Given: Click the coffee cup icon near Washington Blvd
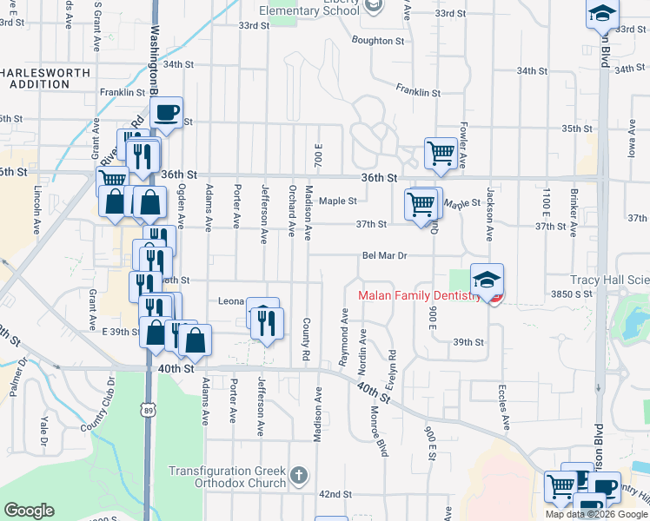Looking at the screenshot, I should click(166, 113).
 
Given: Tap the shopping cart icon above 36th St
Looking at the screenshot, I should click(441, 154).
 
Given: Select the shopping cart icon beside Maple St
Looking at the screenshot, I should click(421, 204).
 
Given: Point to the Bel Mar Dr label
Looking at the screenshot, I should click(385, 256).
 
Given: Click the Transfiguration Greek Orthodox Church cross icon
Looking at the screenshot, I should click(299, 476).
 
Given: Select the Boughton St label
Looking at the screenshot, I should click(378, 40).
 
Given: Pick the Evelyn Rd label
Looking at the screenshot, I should click(392, 366).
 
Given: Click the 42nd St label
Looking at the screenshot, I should click(335, 493).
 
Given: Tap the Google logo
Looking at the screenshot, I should click(29, 511).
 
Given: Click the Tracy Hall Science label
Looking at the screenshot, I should click(609, 280).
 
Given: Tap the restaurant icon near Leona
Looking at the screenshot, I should click(267, 323).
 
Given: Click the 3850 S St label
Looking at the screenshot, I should click(570, 294).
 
